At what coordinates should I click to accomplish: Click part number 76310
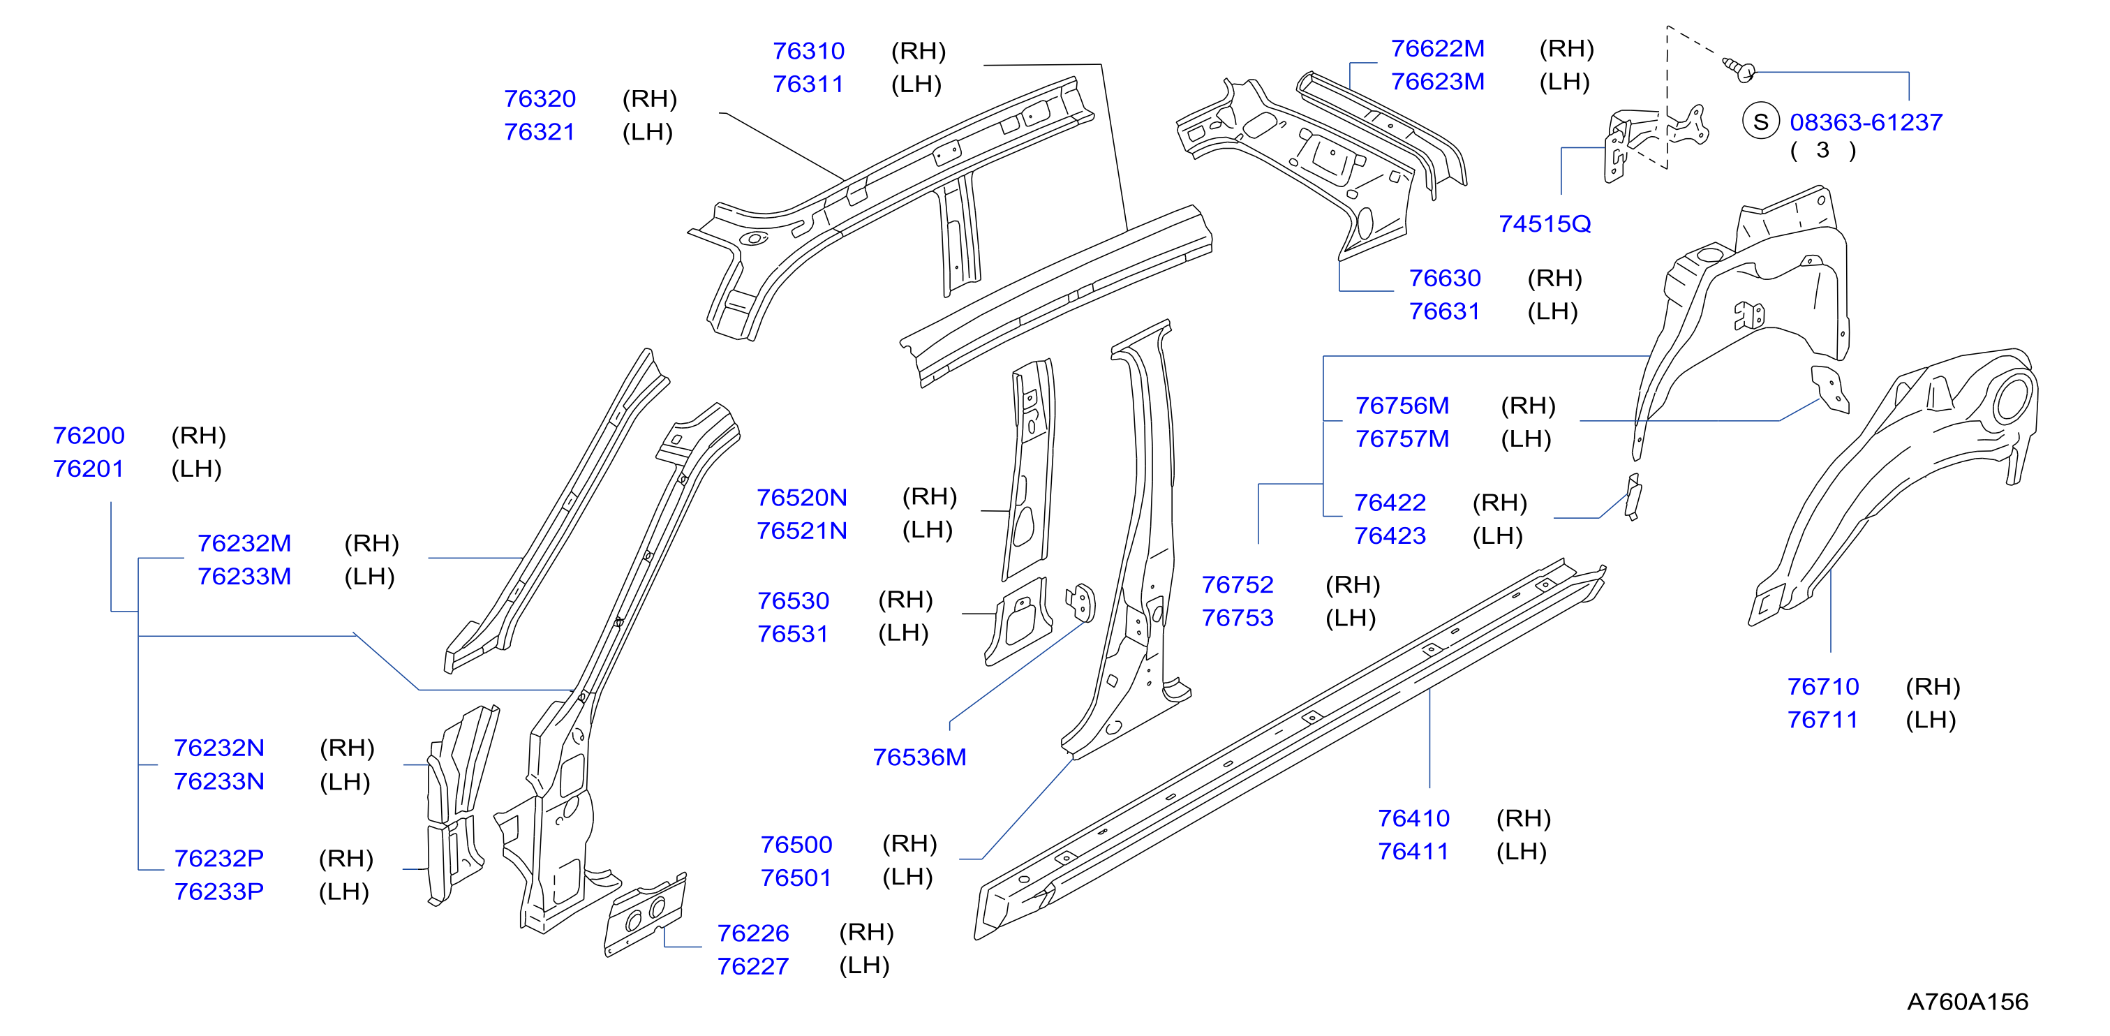(808, 51)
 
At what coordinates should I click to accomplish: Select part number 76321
(539, 132)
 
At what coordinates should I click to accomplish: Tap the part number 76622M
(1438, 48)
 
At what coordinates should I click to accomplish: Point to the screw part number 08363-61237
(1866, 122)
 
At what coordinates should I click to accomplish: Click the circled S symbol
(1760, 122)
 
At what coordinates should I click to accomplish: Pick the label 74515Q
(1545, 223)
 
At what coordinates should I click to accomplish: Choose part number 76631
(1444, 311)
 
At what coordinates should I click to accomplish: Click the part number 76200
(89, 435)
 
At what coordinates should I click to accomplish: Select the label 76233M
(244, 577)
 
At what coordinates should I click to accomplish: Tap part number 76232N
(218, 748)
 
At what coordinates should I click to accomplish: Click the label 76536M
(919, 757)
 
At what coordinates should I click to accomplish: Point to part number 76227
(752, 966)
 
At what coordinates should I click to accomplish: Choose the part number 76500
(796, 844)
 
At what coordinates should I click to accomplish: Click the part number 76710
(1822, 686)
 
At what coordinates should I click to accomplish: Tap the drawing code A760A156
(1968, 1002)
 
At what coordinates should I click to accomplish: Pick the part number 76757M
(1402, 439)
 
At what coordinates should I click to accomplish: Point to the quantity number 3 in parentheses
(1822, 150)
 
